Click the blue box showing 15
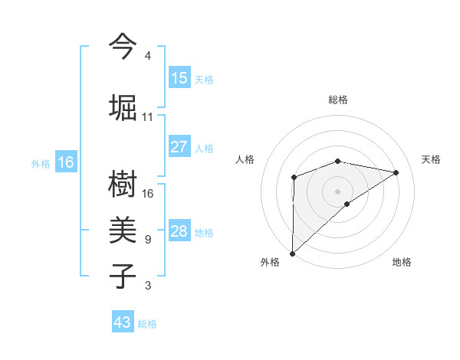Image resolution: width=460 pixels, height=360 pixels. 179,78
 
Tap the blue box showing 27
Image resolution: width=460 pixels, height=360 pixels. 179,147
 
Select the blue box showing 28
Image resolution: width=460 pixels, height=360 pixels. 179,231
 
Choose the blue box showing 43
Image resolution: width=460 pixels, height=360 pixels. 123,322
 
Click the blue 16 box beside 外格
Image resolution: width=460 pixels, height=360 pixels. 66,162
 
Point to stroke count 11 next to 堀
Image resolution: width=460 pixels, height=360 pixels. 148,117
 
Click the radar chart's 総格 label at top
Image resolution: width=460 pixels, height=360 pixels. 337,100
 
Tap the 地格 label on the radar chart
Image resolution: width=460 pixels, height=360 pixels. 402,262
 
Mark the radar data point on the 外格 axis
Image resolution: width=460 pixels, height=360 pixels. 292,253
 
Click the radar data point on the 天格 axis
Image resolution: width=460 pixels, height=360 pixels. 396,172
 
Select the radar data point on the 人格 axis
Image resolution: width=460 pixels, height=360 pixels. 294,178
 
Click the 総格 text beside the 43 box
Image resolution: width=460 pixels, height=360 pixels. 147,324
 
